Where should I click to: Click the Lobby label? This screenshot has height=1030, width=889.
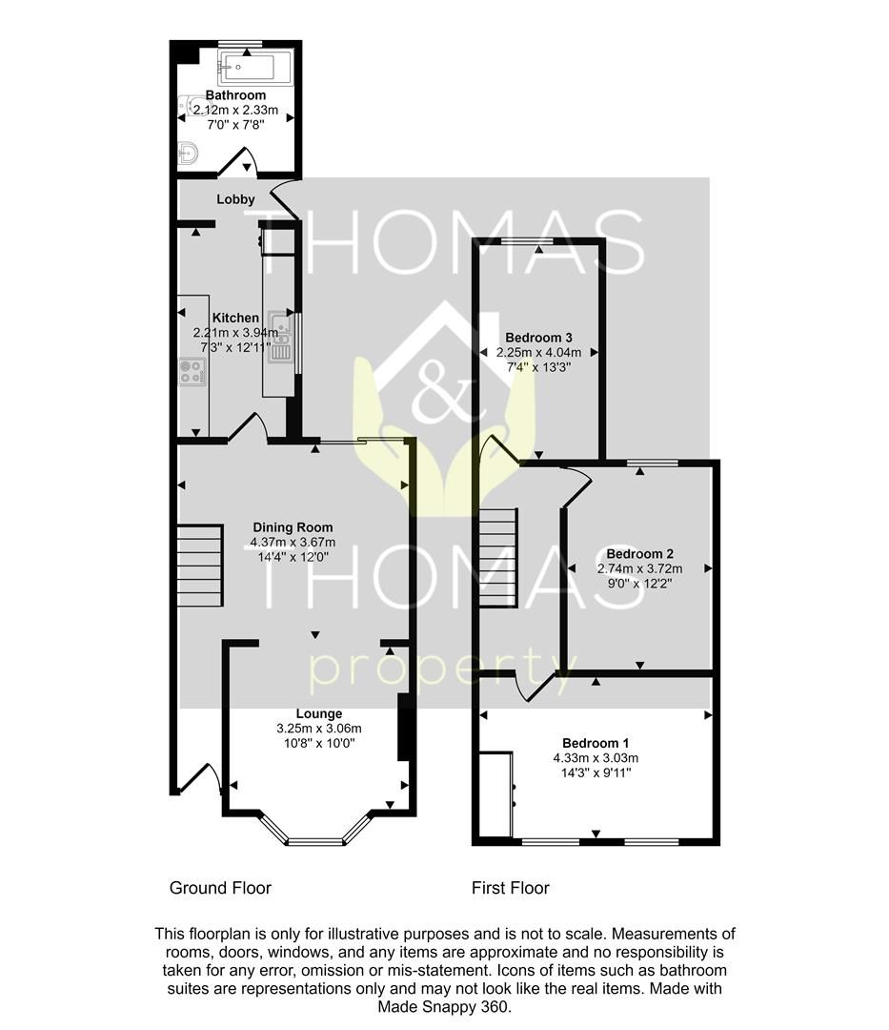235,199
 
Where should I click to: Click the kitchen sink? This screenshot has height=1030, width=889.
279,338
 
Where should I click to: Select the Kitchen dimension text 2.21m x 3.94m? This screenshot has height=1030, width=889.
235,333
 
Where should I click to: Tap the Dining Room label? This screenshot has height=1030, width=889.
293,527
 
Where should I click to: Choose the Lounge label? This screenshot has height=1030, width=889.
318,713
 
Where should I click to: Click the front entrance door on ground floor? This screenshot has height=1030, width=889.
202,778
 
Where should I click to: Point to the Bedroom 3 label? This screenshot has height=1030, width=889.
538,338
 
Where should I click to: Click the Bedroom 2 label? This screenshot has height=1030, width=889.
639,554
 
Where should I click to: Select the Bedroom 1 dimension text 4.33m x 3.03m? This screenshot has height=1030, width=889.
596,758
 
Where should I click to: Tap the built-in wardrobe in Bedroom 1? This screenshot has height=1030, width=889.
495,791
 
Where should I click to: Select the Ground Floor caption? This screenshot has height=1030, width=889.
220,888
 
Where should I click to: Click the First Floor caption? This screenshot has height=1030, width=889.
510,888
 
